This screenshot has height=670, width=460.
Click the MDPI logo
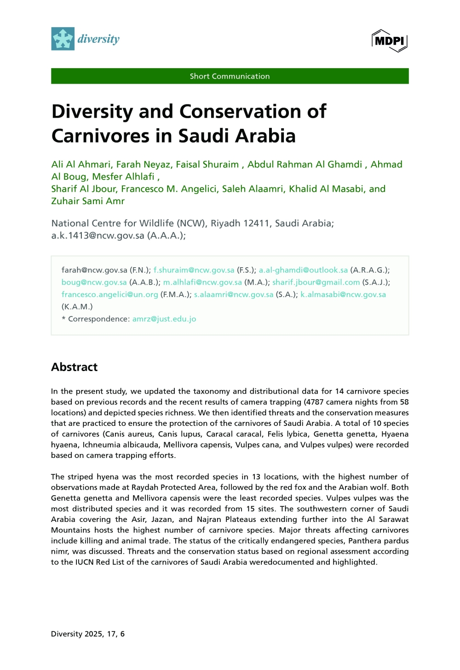point(390,40)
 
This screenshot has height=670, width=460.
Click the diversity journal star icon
point(63,39)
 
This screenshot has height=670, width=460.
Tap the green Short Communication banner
point(230,76)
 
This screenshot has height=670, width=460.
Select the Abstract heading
point(75,367)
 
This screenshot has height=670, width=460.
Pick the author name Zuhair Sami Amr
point(88,201)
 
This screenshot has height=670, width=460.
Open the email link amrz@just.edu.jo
point(164,319)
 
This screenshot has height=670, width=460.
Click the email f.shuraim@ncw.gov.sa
point(194,270)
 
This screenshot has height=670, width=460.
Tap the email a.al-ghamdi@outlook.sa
point(303,270)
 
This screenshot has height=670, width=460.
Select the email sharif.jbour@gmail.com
point(316,282)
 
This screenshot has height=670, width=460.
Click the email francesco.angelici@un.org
point(110,295)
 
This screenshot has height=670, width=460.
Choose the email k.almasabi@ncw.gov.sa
point(343,295)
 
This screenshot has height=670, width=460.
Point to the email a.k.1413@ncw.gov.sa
point(98,235)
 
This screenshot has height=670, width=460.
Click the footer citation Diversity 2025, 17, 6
point(88,634)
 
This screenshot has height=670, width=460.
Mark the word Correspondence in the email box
point(98,319)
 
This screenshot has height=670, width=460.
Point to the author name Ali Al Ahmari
point(81,165)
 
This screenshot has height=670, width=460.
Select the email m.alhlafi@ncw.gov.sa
point(202,282)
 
